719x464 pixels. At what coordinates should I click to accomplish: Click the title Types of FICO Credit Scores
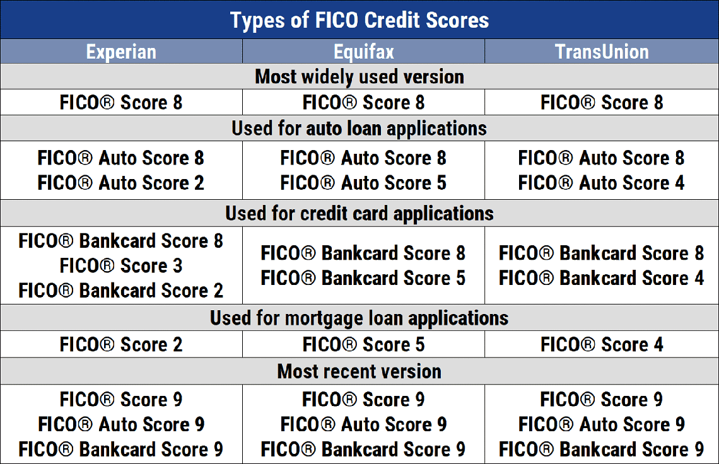359,20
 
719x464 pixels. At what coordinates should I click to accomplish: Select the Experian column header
121,52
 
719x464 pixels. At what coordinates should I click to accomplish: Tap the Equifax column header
363,52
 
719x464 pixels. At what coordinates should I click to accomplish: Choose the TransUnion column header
602,52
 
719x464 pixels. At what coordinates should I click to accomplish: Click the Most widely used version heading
359,77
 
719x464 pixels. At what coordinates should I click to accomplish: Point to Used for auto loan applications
359,129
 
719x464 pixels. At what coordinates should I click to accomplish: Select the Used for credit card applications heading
359,214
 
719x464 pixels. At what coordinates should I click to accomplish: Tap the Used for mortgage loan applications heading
359,318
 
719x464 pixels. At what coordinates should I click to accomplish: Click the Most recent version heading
359,371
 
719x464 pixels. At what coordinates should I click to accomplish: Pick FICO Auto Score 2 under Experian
121,183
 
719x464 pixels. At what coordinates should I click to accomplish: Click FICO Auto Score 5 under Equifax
363,183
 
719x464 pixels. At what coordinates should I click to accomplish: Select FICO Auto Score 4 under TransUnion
602,183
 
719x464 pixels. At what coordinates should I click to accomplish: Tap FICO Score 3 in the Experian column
121,266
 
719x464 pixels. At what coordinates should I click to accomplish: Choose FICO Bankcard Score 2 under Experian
121,291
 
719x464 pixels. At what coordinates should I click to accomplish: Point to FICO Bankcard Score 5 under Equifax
363,278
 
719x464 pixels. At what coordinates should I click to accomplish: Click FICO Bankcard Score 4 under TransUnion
602,278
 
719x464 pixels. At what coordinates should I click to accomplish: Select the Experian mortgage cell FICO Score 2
121,345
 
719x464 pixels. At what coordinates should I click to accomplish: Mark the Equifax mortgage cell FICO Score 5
363,345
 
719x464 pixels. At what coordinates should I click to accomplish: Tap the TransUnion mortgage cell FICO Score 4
602,345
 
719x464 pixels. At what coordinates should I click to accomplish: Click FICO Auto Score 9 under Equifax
363,424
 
